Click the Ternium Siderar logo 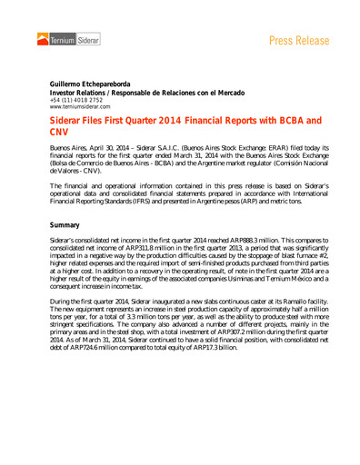[69, 38]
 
